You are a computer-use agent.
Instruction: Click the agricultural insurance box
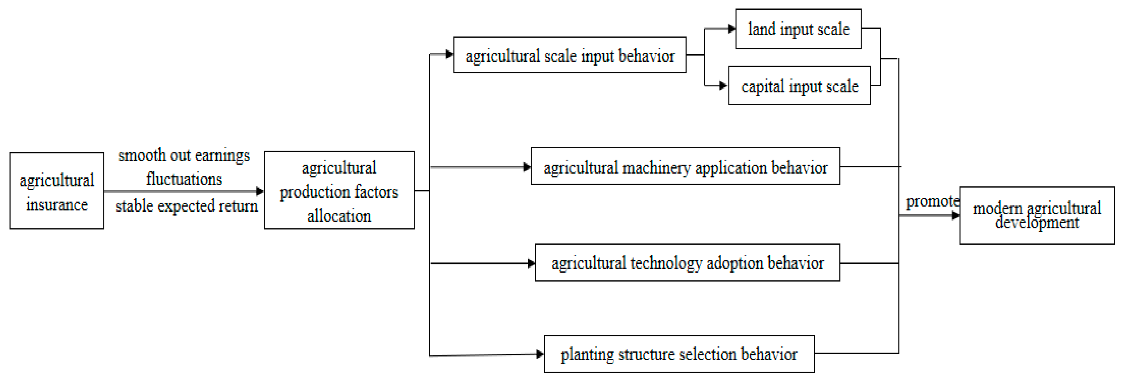(x=57, y=191)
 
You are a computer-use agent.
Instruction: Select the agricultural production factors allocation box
(x=339, y=191)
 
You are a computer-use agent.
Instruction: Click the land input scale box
(x=798, y=29)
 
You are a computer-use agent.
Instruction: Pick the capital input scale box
(x=799, y=86)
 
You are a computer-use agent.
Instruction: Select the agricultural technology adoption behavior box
(x=687, y=263)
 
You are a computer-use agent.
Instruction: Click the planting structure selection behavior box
(x=679, y=354)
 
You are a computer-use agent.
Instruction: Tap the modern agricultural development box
(x=1037, y=216)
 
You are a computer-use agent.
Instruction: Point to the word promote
(x=932, y=201)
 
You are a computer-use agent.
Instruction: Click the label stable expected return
(x=187, y=206)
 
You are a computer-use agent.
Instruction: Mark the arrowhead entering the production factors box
(x=260, y=191)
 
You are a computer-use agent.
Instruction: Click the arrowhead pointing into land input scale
(x=732, y=29)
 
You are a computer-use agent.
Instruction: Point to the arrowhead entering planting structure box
(x=540, y=354)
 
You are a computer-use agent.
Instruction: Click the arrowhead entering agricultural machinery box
(x=527, y=167)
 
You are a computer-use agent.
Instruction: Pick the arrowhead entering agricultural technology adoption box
(x=531, y=263)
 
